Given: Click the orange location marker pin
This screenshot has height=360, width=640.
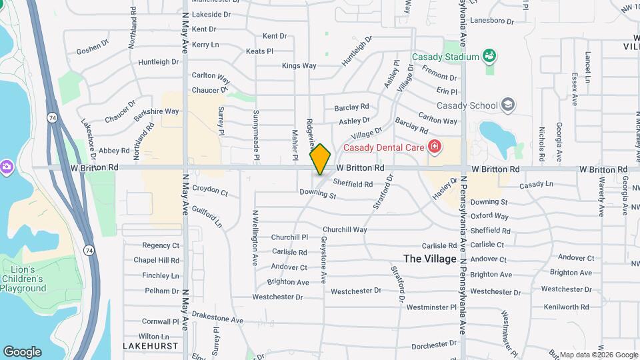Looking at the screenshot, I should [x=320, y=159].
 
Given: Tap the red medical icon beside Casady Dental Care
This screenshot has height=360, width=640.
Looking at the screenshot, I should [x=435, y=146].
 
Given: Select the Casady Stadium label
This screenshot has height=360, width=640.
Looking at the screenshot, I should [x=445, y=57].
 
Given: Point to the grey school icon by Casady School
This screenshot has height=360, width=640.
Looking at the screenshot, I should [x=508, y=105].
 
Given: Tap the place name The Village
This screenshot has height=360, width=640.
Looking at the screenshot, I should [x=430, y=259].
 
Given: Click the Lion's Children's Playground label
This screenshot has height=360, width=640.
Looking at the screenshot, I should [x=23, y=279].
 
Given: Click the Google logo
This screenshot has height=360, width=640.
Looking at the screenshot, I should [x=22, y=352].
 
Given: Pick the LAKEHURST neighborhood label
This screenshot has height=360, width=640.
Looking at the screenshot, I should [x=151, y=346].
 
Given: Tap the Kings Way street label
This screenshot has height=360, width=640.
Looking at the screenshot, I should [x=299, y=65].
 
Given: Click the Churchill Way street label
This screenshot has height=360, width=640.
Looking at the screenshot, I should [x=345, y=229].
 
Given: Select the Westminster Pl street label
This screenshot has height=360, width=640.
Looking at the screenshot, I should [x=431, y=307].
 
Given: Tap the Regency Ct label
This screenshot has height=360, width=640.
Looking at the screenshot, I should [x=161, y=245].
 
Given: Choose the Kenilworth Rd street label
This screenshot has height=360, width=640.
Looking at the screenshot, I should [x=566, y=307].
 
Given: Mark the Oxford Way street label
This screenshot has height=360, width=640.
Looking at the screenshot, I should [x=489, y=216].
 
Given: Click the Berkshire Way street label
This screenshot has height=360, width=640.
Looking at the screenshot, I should [x=156, y=112].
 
